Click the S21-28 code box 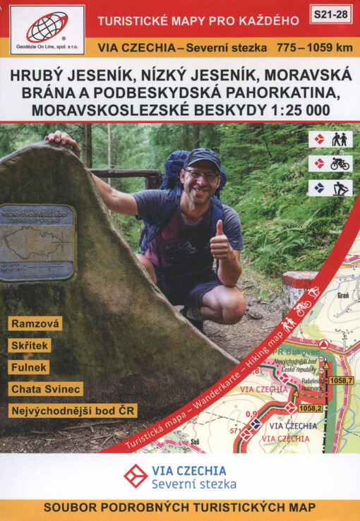(330, 13)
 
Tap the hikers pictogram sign (330, 140)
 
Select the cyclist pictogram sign (330, 164)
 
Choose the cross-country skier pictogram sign (330, 188)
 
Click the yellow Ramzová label (35, 323)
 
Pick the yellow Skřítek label (30, 345)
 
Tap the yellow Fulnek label (29, 367)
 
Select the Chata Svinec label (47, 389)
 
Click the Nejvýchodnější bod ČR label (73, 411)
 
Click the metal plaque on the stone (37, 242)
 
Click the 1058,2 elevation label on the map (311, 408)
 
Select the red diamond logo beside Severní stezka (136, 476)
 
